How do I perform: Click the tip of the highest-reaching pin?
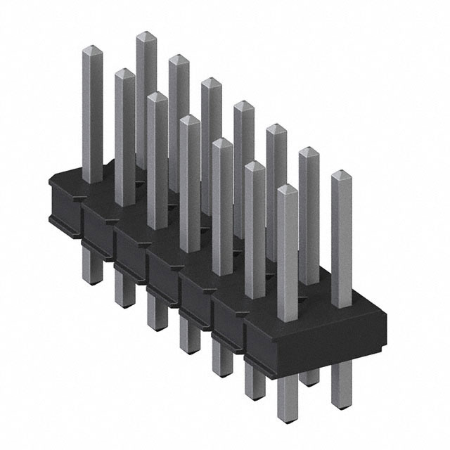(x=146, y=35)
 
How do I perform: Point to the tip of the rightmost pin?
(x=340, y=174)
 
